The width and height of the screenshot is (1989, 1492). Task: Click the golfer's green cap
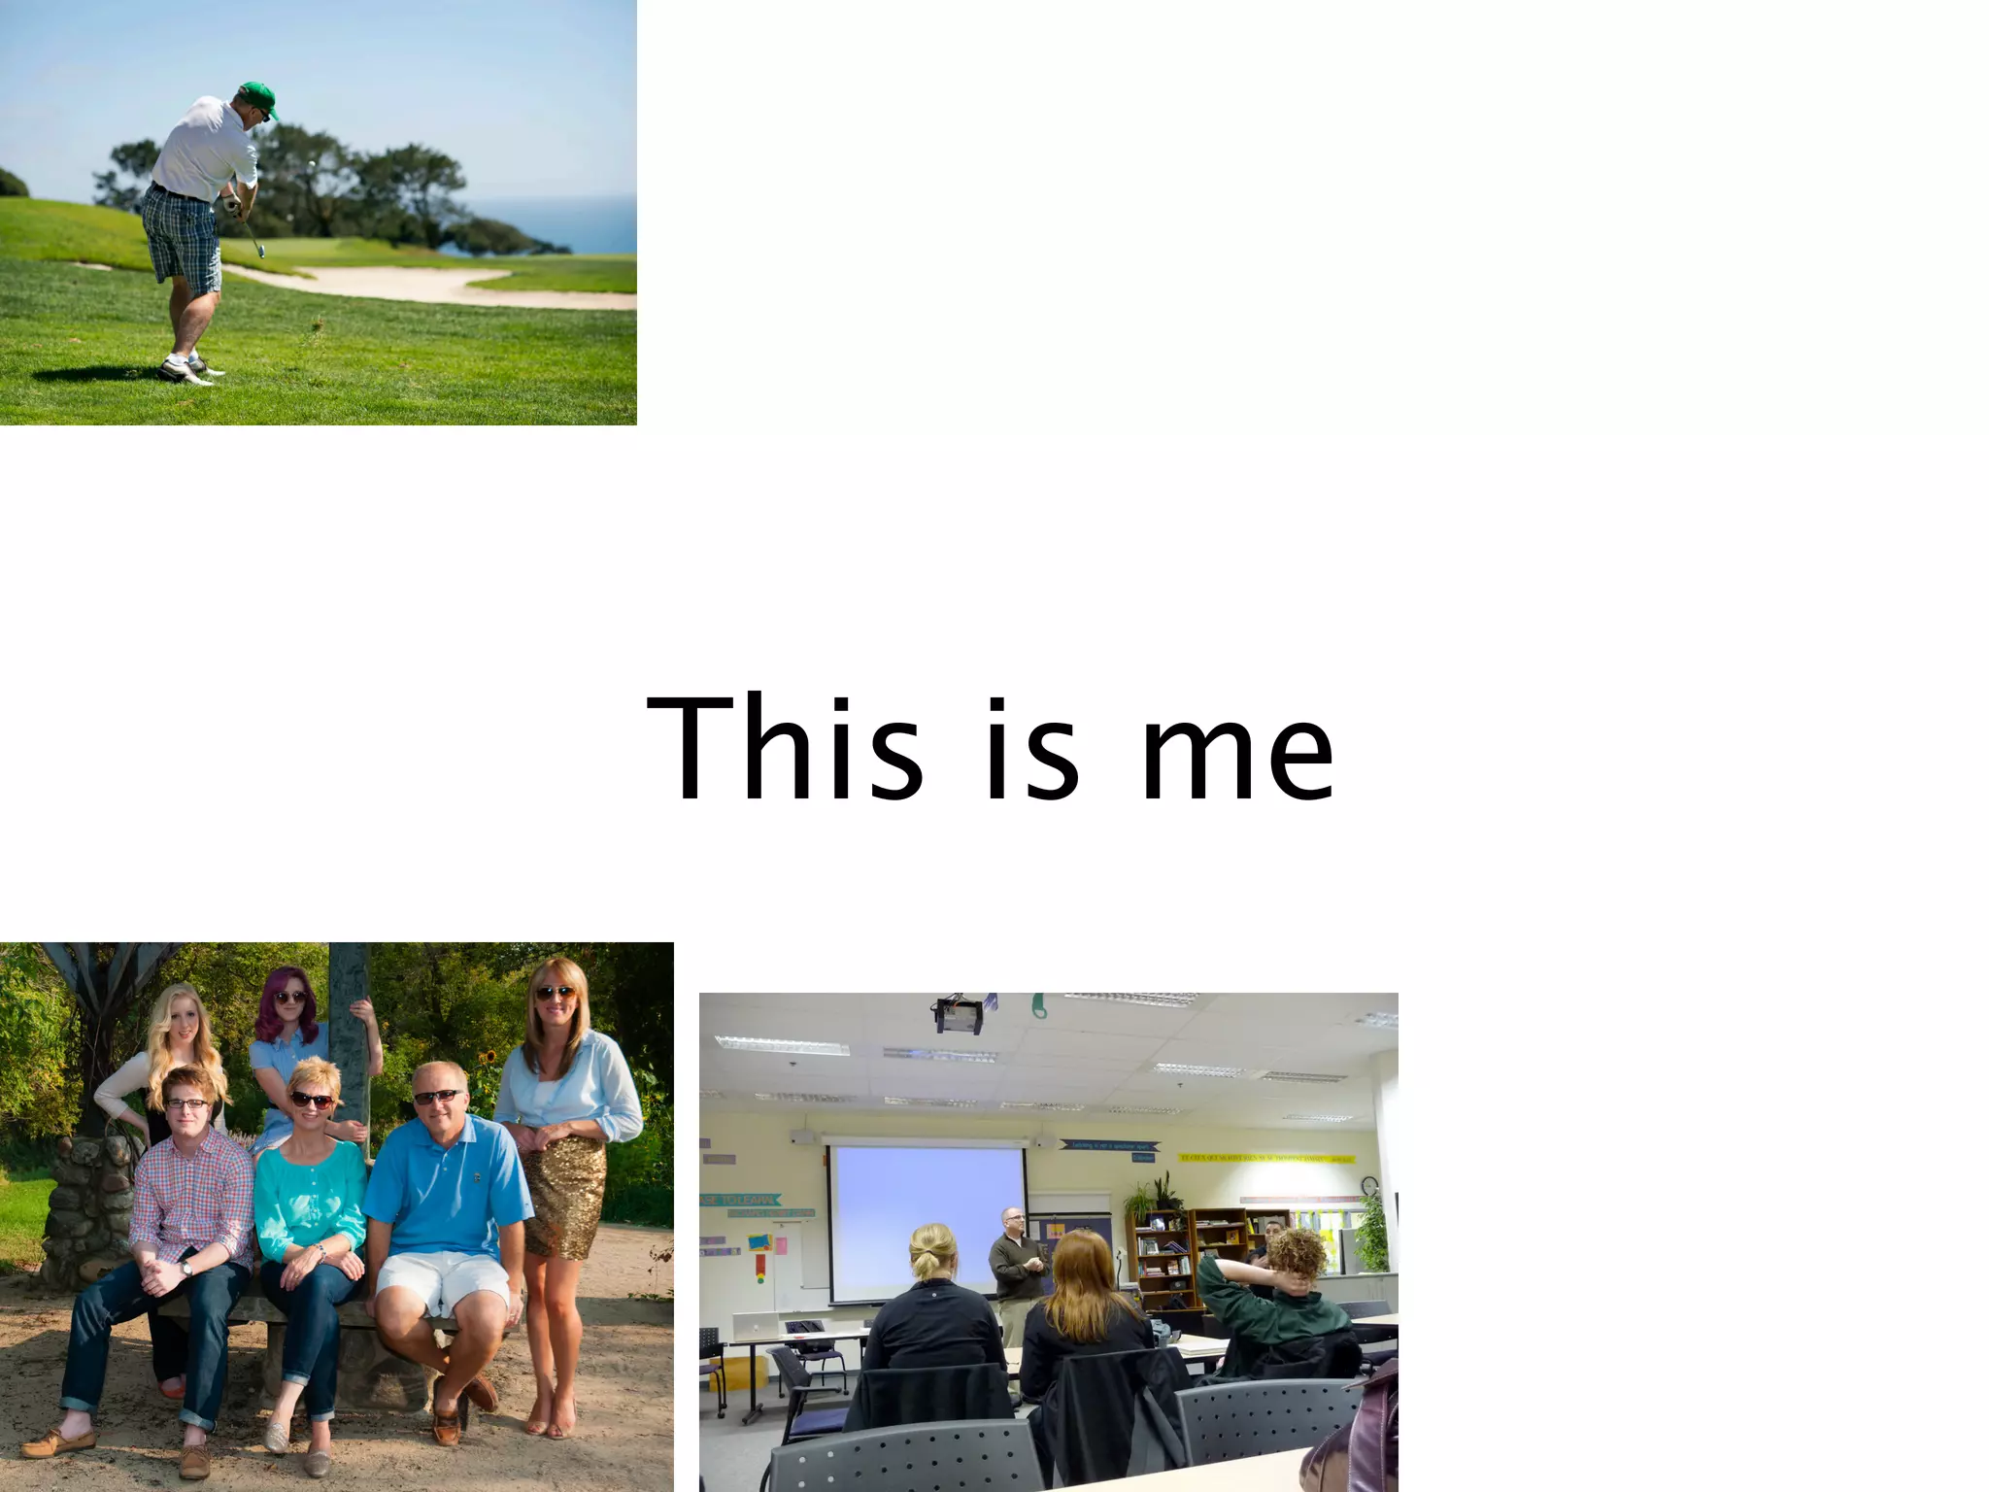[x=258, y=96]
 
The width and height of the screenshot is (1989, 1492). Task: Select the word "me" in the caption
[x=1237, y=761]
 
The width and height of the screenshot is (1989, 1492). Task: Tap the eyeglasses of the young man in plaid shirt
[x=185, y=1102]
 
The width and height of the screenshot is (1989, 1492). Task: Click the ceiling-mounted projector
[x=959, y=1014]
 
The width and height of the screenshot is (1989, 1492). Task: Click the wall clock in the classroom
[x=1369, y=1185]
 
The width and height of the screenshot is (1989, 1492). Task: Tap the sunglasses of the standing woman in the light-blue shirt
[x=555, y=993]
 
